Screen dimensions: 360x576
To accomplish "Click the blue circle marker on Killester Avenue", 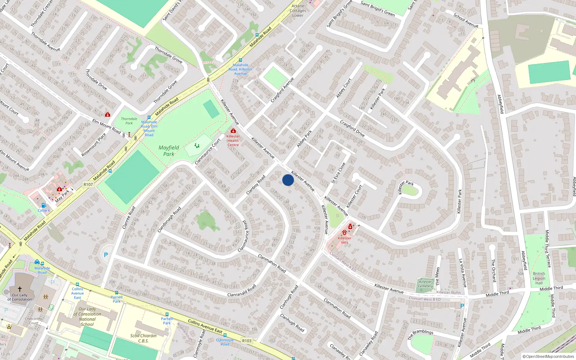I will tap(288, 180).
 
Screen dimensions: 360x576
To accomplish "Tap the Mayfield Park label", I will tap(168, 151).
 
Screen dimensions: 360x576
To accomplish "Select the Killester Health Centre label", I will tap(233, 140).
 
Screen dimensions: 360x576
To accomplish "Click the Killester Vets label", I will tap(345, 240).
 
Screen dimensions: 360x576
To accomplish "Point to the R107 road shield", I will tap(88, 184).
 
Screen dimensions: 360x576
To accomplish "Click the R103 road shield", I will tap(247, 341).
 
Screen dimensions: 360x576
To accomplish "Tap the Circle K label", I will tap(44, 211).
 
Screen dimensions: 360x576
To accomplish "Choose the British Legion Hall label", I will tap(539, 278).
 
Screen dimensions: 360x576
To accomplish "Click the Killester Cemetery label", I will tap(425, 284).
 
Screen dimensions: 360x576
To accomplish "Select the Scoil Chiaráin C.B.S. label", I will tap(143, 338).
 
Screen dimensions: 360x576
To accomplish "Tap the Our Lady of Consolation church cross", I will tap(20, 289).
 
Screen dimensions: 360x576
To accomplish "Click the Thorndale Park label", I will tap(129, 121).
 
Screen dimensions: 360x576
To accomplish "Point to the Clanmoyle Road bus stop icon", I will tap(225, 335).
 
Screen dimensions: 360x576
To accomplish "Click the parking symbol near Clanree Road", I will tap(106, 255).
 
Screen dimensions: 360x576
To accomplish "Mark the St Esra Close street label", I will tap(338, 173).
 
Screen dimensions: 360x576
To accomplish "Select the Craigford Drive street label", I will tap(352, 129).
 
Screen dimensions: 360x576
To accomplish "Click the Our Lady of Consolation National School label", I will tap(87, 316).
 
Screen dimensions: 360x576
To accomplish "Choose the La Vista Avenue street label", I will tap(463, 273).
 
